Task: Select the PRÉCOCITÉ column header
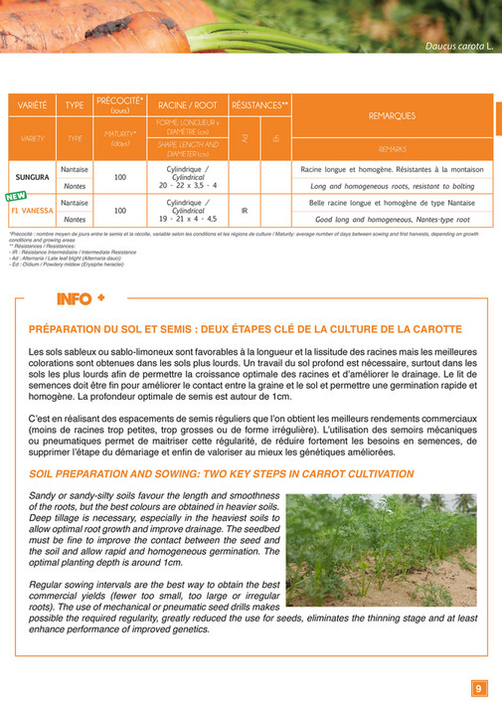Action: pyautogui.click(x=119, y=103)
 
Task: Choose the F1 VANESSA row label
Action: pyautogui.click(x=31, y=211)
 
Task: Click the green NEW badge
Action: pyautogui.click(x=15, y=197)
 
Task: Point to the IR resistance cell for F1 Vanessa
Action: pyautogui.click(x=244, y=211)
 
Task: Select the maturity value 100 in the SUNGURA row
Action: pyautogui.click(x=120, y=178)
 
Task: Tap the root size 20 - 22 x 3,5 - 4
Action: pyautogui.click(x=188, y=186)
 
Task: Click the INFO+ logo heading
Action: pyautogui.click(x=82, y=298)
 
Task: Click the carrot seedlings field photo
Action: pyautogui.click(x=379, y=550)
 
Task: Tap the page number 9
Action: pyautogui.click(x=478, y=687)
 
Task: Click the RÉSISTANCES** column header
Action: pyautogui.click(x=259, y=103)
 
